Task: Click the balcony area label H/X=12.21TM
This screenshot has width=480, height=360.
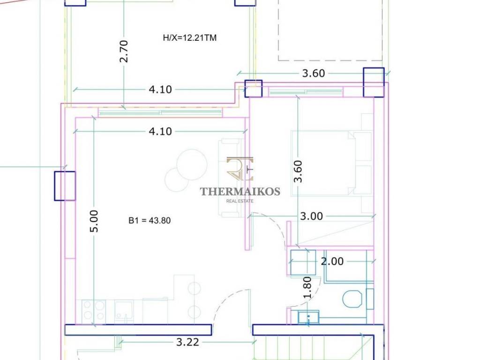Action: (x=190, y=38)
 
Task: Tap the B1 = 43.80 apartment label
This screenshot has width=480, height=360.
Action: (x=150, y=220)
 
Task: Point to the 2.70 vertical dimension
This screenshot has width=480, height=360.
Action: (x=123, y=52)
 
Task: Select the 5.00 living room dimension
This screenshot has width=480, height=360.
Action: (x=94, y=221)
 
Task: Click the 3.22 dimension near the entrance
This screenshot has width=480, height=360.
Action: (x=187, y=342)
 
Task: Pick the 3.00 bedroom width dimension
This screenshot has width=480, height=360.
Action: (x=311, y=216)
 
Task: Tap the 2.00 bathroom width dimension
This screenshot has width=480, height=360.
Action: (x=332, y=262)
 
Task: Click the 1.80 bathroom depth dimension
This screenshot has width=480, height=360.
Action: (x=307, y=287)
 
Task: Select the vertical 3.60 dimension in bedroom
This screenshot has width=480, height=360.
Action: (x=298, y=172)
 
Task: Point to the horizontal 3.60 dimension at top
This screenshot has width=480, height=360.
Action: (x=314, y=74)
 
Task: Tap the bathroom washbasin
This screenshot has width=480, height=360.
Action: (x=308, y=317)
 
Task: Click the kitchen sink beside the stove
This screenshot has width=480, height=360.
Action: (x=124, y=311)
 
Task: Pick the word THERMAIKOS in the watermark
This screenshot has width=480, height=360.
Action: (x=240, y=192)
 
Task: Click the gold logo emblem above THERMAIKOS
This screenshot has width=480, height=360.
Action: (x=240, y=169)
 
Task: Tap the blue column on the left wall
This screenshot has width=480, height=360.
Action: (x=65, y=186)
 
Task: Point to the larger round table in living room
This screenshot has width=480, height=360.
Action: (x=192, y=165)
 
